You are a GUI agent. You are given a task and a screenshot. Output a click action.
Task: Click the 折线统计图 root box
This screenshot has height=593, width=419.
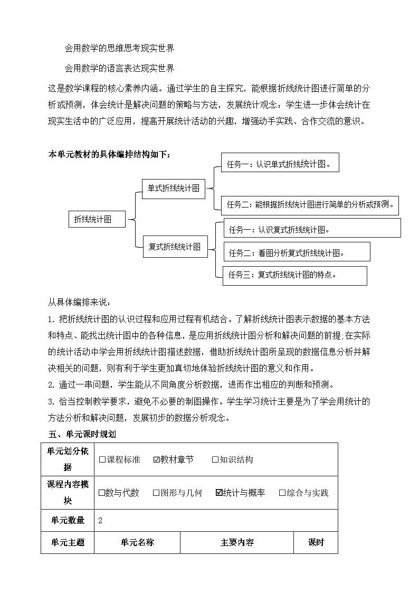[97, 219]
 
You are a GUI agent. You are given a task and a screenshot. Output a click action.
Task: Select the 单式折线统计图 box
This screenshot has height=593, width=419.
[173, 188]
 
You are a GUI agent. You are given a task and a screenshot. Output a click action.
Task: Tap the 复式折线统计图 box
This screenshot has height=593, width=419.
[175, 247]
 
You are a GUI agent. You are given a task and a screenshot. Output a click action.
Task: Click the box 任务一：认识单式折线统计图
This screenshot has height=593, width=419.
[280, 163]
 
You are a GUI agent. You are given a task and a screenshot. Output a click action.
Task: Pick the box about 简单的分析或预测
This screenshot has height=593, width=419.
[310, 204]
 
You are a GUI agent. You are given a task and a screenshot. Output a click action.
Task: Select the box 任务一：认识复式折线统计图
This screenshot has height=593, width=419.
[312, 230]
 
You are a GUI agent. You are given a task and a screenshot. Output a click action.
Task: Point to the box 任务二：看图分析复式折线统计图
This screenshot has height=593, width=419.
[297, 253]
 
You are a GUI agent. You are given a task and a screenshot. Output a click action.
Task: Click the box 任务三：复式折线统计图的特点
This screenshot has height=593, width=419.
[294, 275]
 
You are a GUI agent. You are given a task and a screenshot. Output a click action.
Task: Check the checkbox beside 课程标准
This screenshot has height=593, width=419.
[102, 459]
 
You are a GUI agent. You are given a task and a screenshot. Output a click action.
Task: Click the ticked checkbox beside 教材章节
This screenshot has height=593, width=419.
[156, 459]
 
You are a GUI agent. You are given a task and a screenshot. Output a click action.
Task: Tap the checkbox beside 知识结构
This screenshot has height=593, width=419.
[215, 459]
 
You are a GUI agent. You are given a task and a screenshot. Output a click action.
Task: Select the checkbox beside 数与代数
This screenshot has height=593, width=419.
[102, 493]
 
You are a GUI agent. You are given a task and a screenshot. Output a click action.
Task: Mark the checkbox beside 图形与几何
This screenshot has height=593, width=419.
[156, 493]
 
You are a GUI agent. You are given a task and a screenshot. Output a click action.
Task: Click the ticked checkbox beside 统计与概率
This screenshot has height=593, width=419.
[219, 493]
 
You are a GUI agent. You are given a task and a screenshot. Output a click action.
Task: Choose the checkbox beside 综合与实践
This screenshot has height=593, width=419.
[282, 493]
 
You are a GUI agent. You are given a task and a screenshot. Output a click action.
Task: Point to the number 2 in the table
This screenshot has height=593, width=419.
[100, 520]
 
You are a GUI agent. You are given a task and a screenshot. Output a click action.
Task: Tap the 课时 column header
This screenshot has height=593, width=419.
[316, 542]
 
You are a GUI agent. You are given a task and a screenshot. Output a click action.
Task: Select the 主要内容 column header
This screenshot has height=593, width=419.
[237, 542]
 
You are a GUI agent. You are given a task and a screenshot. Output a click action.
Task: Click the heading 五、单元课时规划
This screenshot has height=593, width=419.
[82, 434]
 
